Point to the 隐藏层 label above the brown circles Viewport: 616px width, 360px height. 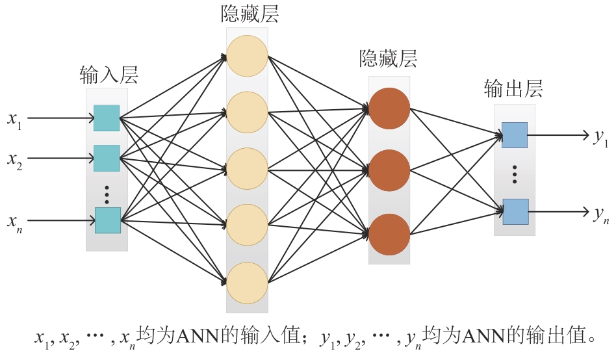coord(388,60)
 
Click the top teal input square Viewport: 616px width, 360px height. coord(107,118)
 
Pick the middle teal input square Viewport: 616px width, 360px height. coord(107,158)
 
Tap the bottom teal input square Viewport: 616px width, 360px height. coord(107,220)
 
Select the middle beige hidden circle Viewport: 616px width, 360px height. coord(247,169)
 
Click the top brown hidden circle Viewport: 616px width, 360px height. coord(389,108)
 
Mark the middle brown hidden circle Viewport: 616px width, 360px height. coord(389,170)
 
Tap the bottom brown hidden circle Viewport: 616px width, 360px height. coord(389,233)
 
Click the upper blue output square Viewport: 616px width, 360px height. coord(514,135)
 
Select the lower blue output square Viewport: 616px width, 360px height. coord(515,211)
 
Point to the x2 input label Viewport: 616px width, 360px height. coord(14,159)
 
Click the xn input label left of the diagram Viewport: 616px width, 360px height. coord(14,221)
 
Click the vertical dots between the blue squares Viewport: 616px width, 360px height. coord(515,174)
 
